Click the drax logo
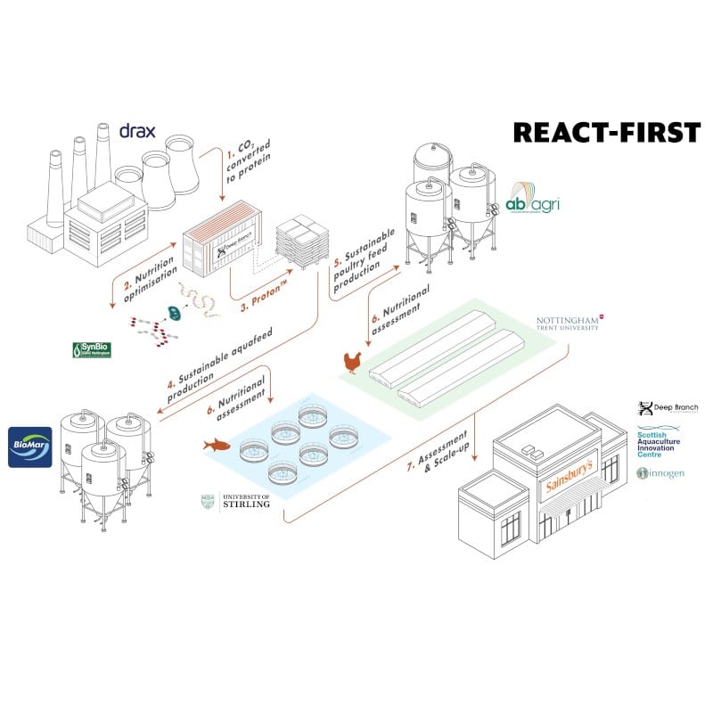click(x=137, y=132)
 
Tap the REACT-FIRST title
click(x=606, y=132)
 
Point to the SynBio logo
click(x=97, y=350)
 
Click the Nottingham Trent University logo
click(x=569, y=323)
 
